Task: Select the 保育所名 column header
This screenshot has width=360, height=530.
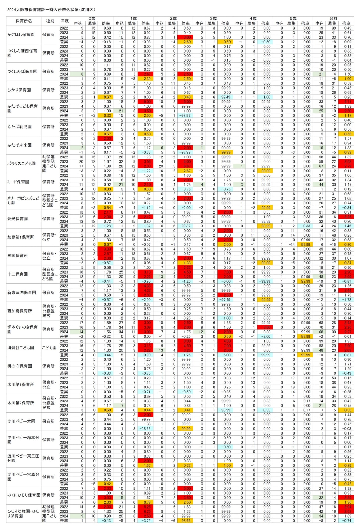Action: [24, 21]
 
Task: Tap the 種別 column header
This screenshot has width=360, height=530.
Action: [50, 21]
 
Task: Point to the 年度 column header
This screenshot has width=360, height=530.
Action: [64, 21]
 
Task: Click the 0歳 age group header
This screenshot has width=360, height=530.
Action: [92, 18]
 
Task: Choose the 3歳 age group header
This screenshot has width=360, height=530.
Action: [213, 18]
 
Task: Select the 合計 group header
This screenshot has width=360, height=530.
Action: [333, 18]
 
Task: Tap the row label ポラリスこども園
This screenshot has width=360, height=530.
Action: [21, 164]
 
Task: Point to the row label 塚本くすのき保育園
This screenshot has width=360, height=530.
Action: [23, 329]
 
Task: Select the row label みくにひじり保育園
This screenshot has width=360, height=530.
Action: [24, 495]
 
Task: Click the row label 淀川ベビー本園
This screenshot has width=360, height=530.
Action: [21, 421]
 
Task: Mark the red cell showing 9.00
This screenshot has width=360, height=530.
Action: [146, 102]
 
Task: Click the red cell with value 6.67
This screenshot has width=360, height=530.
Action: [186, 166]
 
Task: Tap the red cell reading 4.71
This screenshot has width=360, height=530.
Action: [347, 102]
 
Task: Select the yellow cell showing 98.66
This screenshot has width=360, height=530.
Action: [186, 520]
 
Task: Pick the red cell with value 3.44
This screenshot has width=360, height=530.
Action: [347, 290]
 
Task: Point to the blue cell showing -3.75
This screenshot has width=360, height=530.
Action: [146, 520]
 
